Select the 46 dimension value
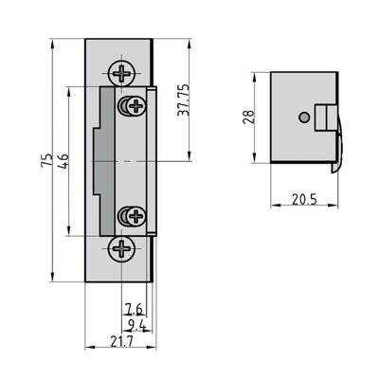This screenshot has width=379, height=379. point(63,162)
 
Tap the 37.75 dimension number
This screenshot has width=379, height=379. point(185,99)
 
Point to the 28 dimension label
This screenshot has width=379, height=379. point(248,117)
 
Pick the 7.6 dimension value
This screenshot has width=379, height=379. point(135,308)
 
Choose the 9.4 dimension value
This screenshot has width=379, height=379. point(135,324)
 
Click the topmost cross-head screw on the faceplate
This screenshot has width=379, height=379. point(122,72)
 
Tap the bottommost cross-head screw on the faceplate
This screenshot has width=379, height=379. point(122,250)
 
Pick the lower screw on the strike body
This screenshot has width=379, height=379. point(130,217)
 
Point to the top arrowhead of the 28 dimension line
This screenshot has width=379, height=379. point(257,75)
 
